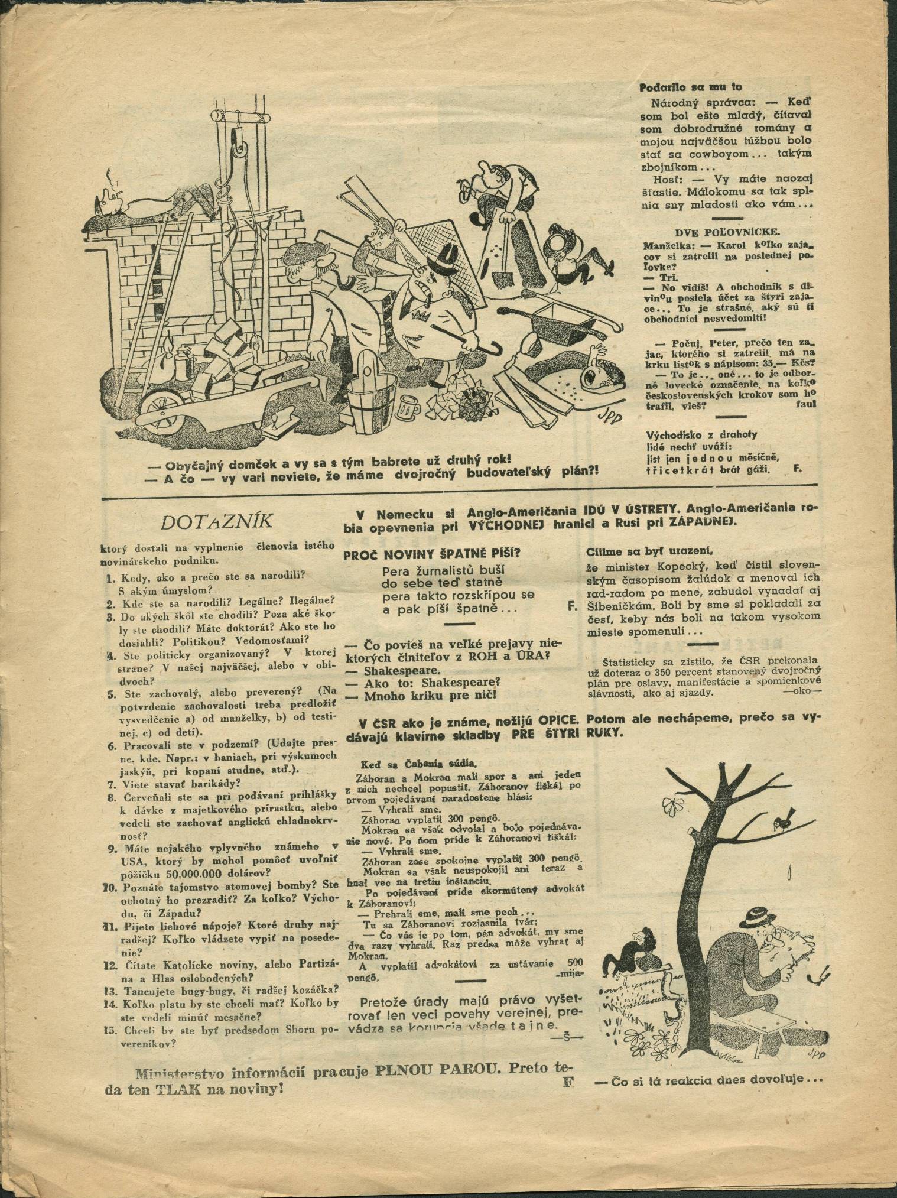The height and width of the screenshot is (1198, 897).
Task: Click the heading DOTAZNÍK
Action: tap(216, 521)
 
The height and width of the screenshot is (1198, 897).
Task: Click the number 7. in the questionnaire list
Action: tap(110, 784)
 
